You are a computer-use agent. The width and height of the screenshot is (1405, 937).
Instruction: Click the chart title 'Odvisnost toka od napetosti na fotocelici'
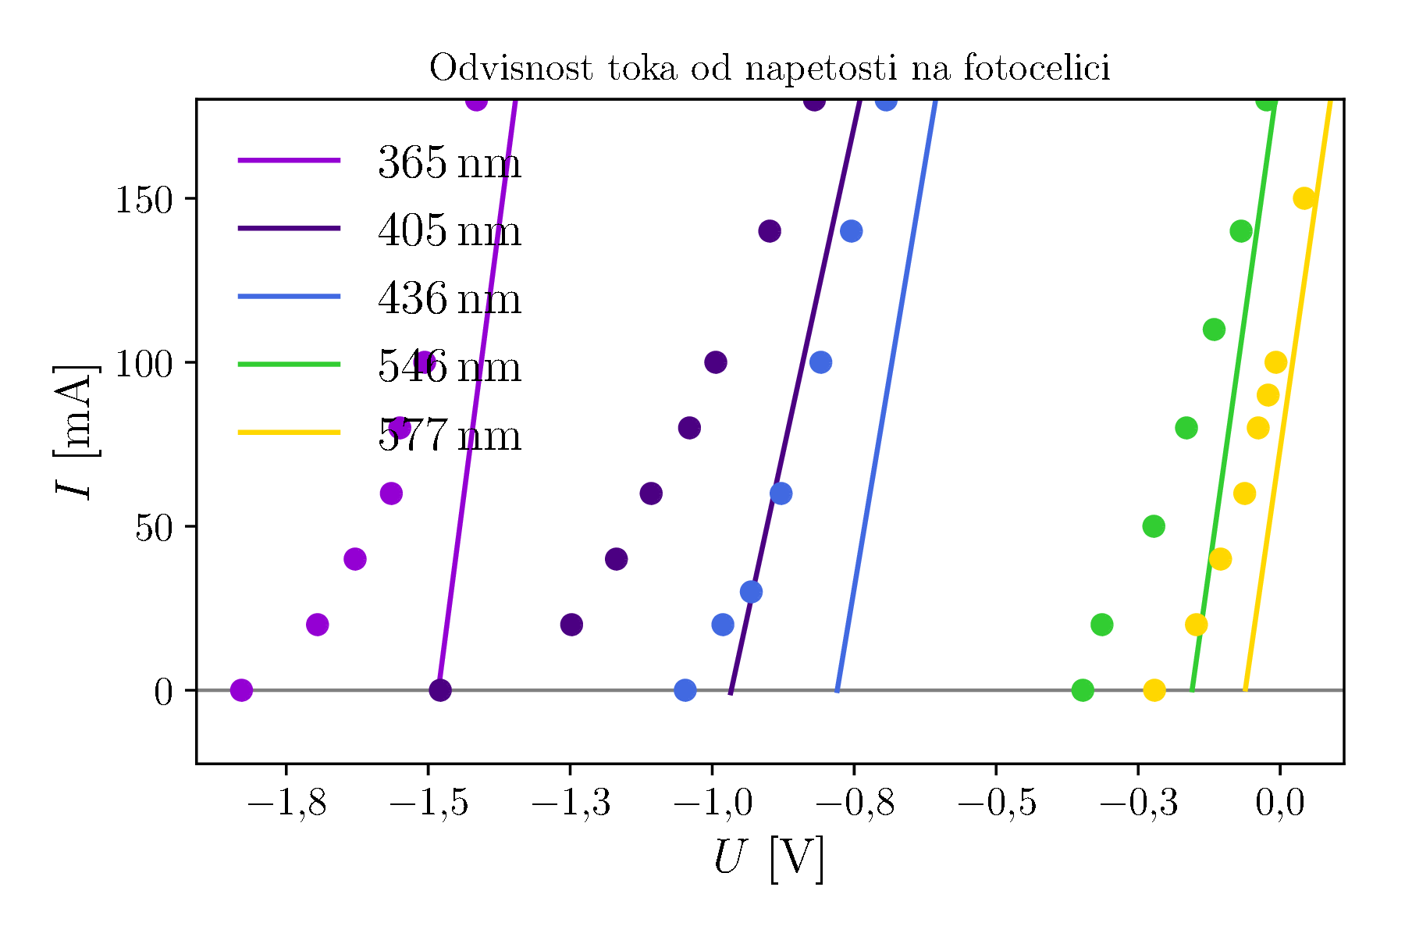click(x=769, y=69)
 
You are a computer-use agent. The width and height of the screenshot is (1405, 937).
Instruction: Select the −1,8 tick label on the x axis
click(x=286, y=803)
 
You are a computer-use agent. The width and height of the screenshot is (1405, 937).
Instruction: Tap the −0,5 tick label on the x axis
click(x=996, y=803)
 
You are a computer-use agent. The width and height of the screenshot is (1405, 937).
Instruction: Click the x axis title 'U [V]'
click(x=769, y=859)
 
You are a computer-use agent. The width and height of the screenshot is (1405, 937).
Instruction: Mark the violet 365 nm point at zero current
click(x=241, y=690)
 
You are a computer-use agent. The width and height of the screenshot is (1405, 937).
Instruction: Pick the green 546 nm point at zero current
click(x=1083, y=690)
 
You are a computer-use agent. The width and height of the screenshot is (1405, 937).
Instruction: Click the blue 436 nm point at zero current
click(x=685, y=690)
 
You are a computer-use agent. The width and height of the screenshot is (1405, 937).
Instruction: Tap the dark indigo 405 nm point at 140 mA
click(x=770, y=231)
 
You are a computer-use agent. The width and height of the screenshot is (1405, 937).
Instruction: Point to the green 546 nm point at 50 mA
click(x=1154, y=526)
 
